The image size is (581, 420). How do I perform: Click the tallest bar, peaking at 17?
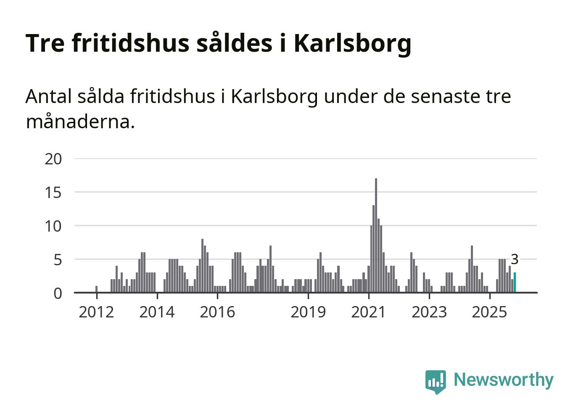tap(376, 235)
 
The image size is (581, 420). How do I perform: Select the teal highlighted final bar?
tap(515, 283)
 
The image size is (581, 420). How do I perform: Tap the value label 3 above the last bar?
tap(515, 259)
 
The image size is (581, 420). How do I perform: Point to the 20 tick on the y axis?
tap(53, 159)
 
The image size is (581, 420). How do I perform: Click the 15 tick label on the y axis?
tap(53, 193)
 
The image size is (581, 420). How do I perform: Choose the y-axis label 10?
tap(53, 226)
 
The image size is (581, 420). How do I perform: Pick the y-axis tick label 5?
tap(58, 260)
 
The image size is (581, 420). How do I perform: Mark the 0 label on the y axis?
tap(58, 293)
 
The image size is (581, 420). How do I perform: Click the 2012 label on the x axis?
tap(96, 312)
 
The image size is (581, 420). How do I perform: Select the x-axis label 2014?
tap(157, 312)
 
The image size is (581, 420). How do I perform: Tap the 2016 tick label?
tap(217, 312)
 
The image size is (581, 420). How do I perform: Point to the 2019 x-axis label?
tap(308, 312)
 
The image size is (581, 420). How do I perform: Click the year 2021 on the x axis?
tap(369, 312)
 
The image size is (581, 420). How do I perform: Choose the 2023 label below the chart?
tap(429, 312)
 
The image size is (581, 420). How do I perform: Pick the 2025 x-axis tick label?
tap(490, 312)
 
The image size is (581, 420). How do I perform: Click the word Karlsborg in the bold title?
tap(352, 43)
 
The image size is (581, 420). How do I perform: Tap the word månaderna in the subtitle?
tap(80, 122)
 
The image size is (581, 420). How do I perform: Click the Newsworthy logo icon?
tap(436, 381)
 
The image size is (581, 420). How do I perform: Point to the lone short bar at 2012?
tap(97, 289)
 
